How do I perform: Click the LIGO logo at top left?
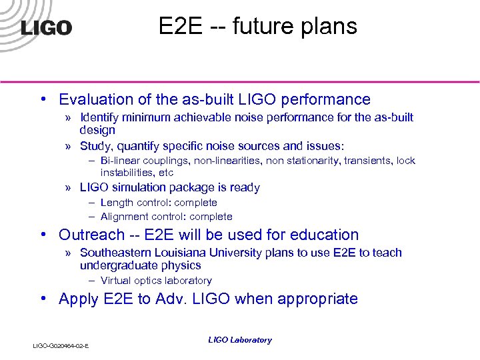(46, 27)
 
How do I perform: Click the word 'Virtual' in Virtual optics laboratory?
(115, 281)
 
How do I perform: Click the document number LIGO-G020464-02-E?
(61, 345)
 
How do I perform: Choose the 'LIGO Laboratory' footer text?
(240, 340)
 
